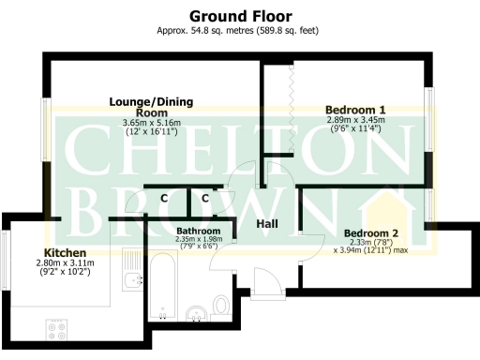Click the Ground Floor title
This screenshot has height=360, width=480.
pyautogui.click(x=240, y=16)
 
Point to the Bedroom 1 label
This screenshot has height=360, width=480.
pyautogui.click(x=355, y=110)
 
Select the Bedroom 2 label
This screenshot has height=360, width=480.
pyautogui.click(x=371, y=232)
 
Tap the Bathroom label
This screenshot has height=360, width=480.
pyautogui.click(x=198, y=231)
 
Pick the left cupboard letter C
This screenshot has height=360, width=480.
pyautogui.click(x=163, y=198)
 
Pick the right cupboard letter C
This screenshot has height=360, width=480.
pyautogui.click(x=205, y=198)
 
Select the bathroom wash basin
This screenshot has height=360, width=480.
pyautogui.click(x=197, y=312)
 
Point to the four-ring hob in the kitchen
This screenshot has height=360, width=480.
pyautogui.click(x=55, y=328)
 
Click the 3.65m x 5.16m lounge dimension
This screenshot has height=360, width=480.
pyautogui.click(x=151, y=123)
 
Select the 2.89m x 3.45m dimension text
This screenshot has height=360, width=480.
pyautogui.click(x=356, y=121)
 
